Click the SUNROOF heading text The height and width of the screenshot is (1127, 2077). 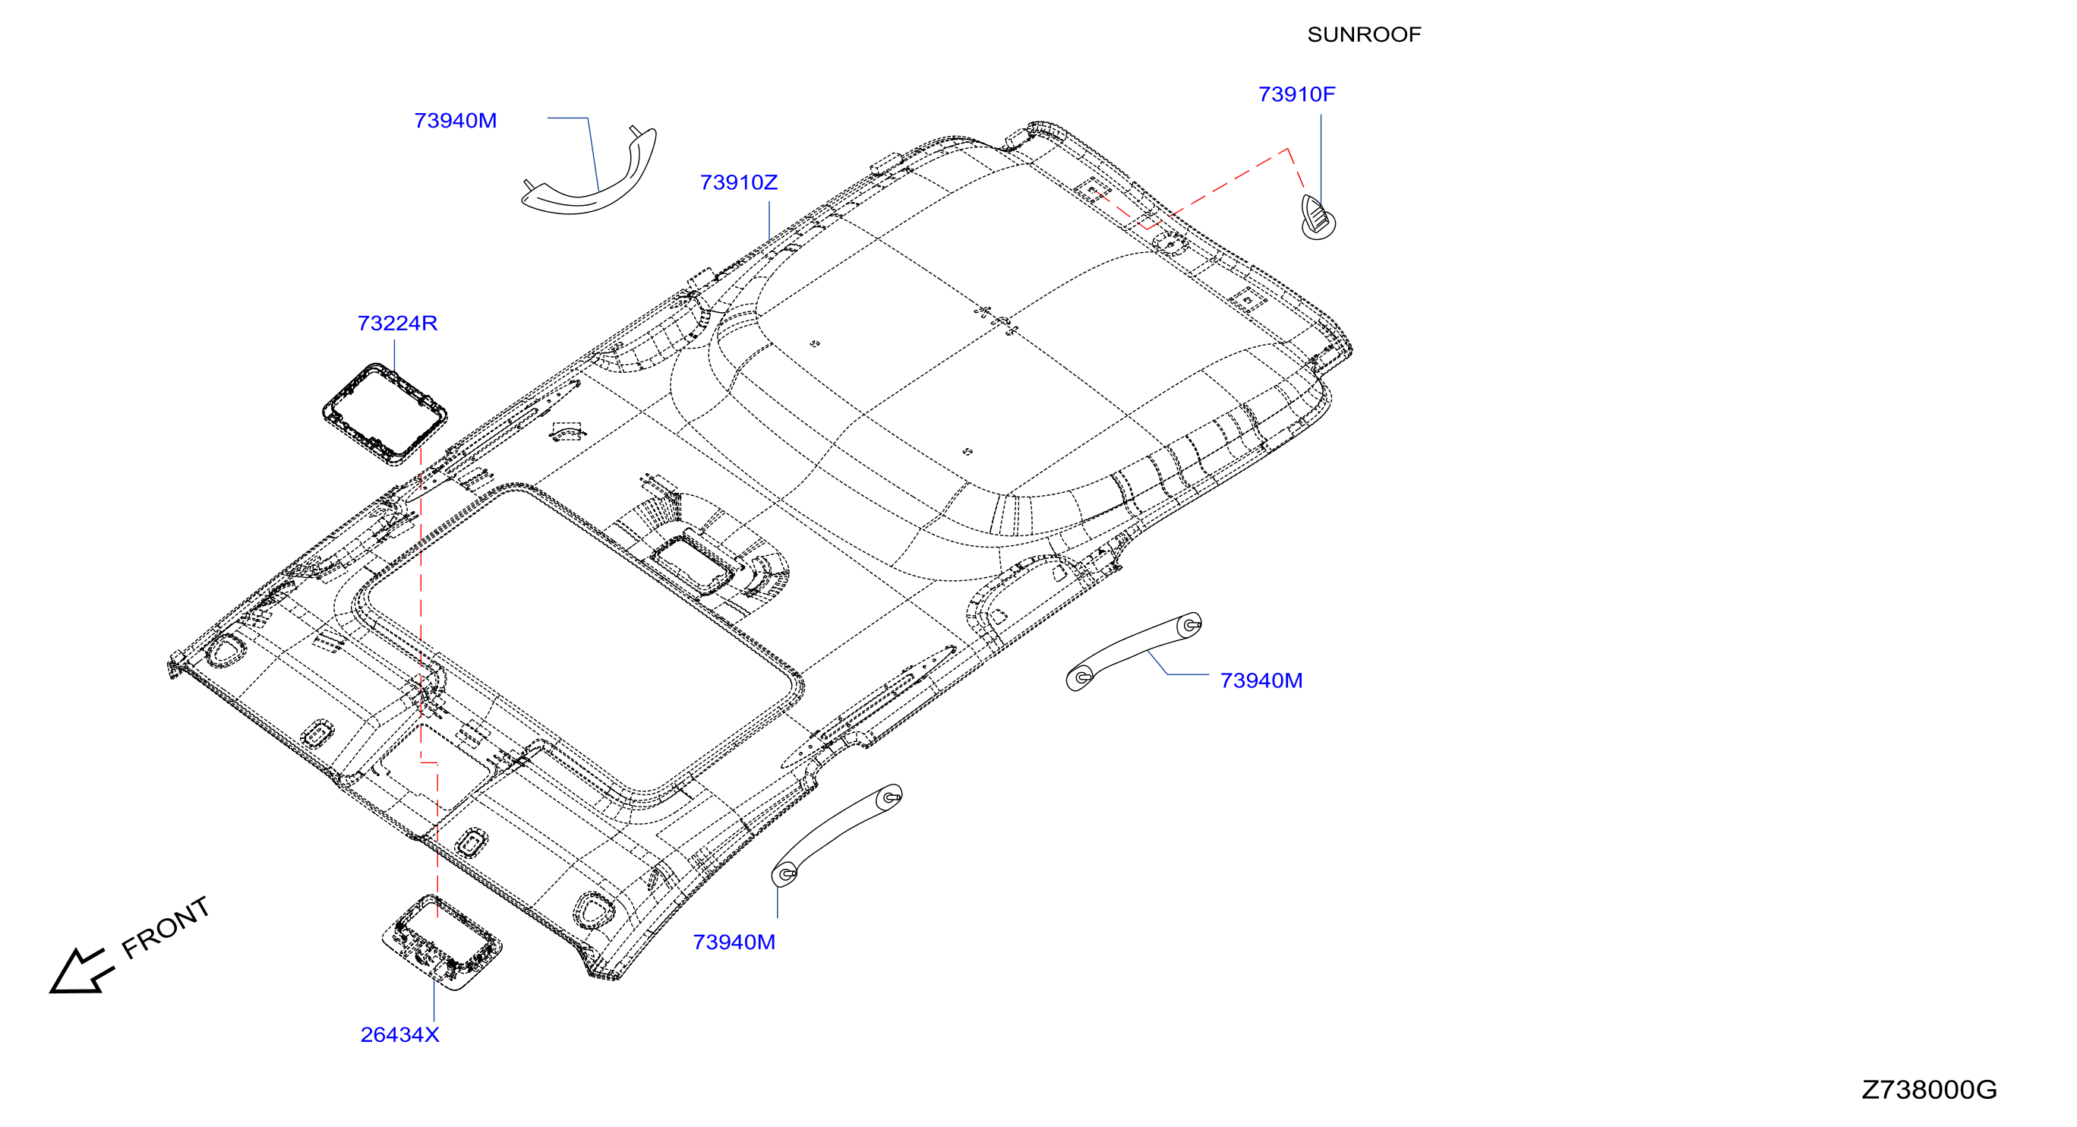pos(1363,35)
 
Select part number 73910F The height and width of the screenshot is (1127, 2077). pos(1296,94)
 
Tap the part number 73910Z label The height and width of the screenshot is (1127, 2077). pos(739,182)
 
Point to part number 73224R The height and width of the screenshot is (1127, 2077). pos(397,324)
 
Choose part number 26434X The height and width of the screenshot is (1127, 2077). pos(400,1034)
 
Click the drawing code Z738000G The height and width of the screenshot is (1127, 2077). pos(1929,1090)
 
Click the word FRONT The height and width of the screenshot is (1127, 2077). pos(166,928)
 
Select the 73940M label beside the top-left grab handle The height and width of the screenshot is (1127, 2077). pos(456,121)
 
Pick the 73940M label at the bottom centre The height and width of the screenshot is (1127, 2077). pos(734,942)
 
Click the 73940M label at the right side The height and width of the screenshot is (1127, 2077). pos(1261,680)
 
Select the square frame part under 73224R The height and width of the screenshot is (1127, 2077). pos(384,414)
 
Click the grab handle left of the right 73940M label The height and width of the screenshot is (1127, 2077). pos(1133,650)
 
